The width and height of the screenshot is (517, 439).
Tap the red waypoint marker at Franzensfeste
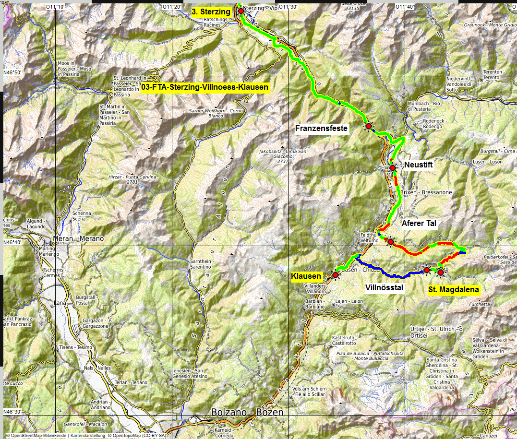click(368, 126)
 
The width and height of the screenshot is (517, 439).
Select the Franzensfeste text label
click(321, 128)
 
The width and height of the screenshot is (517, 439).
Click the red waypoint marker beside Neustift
click(393, 168)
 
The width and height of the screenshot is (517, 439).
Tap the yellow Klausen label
click(306, 276)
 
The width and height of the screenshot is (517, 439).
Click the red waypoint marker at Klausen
click(336, 275)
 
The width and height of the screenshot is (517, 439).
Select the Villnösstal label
click(384, 288)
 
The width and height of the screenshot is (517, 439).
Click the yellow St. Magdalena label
click(453, 289)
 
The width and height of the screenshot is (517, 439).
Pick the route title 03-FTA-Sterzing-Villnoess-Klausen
click(205, 87)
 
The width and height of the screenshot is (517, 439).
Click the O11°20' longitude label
click(171, 7)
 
